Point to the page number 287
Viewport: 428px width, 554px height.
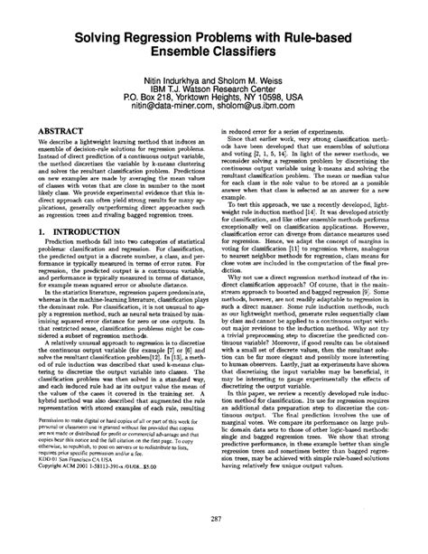(214, 517)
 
